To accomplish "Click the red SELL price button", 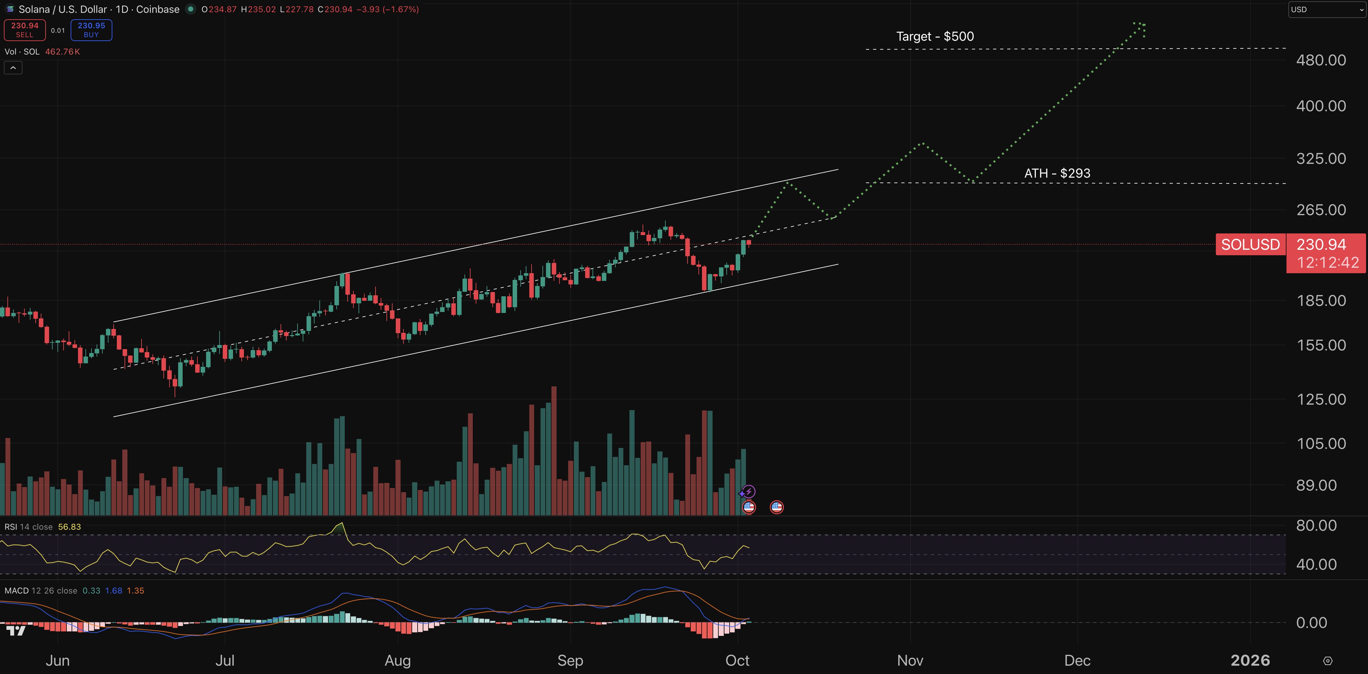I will coord(24,30).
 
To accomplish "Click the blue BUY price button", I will coord(91,30).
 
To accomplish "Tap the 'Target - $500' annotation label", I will coord(935,37).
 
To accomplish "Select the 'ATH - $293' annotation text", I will coord(1057,173).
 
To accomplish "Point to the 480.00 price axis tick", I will coord(1321,60).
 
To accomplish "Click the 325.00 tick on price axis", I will coord(1321,159).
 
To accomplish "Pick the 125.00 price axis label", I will coord(1321,400).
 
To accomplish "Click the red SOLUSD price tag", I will coord(1250,245).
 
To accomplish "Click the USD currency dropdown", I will coord(1326,10).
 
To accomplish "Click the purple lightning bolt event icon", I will coord(748,492).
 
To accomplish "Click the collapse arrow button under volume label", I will coord(13,68).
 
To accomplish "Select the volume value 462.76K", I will coord(62,52).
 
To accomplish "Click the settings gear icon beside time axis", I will coord(1328,661).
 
